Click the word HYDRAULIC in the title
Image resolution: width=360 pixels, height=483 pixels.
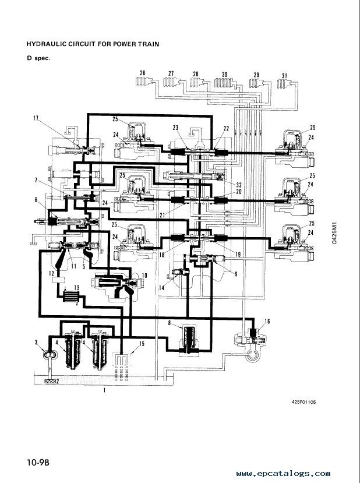(x=46, y=44)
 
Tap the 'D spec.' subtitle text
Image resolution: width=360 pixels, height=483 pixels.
(x=38, y=58)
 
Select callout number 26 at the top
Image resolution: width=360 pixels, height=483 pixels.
(x=142, y=73)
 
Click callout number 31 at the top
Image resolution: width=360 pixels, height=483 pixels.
(x=284, y=76)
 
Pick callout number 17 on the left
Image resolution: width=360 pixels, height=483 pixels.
(x=36, y=118)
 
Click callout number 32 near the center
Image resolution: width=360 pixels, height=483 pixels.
(x=239, y=185)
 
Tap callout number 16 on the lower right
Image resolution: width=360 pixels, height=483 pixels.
(x=267, y=321)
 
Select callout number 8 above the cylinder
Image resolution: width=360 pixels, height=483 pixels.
(x=170, y=323)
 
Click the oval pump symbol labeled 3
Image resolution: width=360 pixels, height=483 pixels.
(x=50, y=355)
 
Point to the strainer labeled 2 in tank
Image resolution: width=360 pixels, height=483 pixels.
(x=50, y=382)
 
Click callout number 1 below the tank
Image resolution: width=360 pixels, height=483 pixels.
(x=104, y=390)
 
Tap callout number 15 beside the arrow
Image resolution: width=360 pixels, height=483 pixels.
(x=142, y=344)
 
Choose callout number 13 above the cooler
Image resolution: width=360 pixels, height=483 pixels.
(x=76, y=287)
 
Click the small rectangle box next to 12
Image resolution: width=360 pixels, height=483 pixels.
(x=58, y=281)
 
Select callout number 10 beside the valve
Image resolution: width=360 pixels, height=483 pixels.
(x=144, y=276)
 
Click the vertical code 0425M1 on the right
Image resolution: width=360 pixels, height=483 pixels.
(x=334, y=233)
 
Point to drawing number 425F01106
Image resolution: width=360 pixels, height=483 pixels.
(x=303, y=401)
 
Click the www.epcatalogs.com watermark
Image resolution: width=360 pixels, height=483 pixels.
(x=283, y=474)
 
